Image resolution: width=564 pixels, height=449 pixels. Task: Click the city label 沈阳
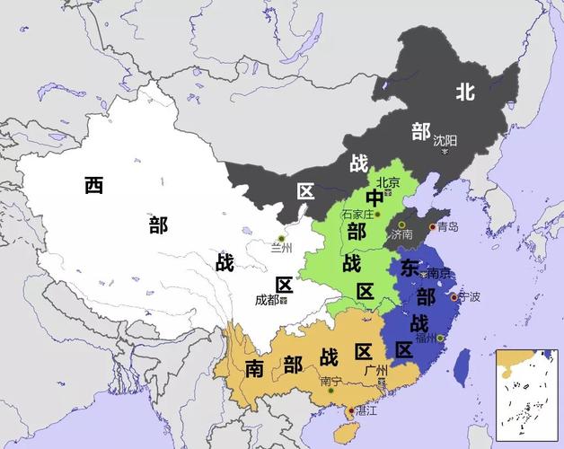(x=445, y=140)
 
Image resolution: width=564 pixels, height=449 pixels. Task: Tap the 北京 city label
(x=388, y=181)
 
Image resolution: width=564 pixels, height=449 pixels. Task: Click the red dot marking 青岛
(x=432, y=227)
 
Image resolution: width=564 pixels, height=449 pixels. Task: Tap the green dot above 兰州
(x=280, y=238)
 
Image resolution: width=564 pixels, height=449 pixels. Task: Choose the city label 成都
(x=268, y=300)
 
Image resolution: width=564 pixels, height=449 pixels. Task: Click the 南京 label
(x=438, y=273)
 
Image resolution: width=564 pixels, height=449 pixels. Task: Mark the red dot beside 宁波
(x=454, y=297)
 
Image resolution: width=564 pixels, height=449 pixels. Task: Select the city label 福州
(x=426, y=338)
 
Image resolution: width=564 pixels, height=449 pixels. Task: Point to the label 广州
(x=376, y=369)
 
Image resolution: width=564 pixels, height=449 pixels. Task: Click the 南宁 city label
(x=330, y=382)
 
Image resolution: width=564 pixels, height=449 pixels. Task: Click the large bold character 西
(x=94, y=186)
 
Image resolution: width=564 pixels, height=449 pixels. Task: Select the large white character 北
(x=464, y=91)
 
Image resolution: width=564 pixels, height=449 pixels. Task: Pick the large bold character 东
(x=410, y=268)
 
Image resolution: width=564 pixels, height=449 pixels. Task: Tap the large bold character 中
(x=374, y=198)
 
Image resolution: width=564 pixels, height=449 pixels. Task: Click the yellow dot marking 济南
(x=401, y=224)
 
